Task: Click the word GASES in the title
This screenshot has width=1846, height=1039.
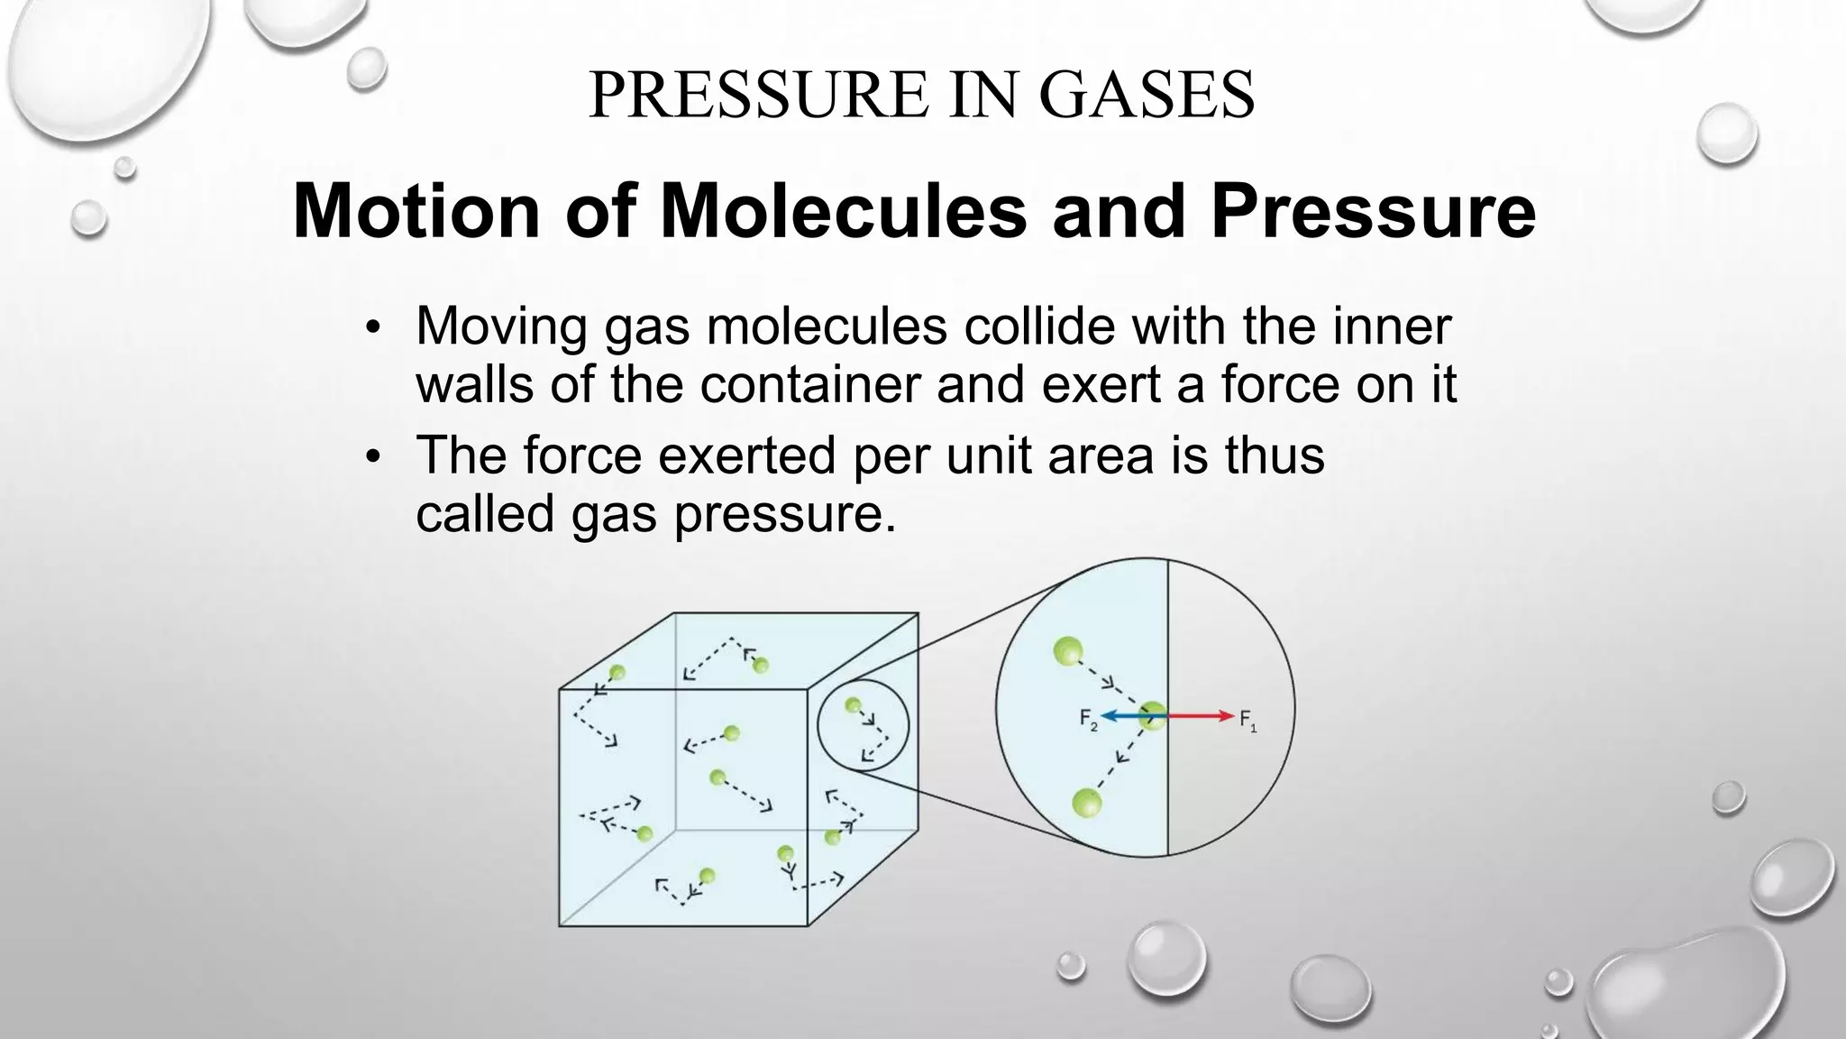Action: (x=1146, y=95)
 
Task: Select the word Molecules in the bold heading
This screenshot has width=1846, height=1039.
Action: (x=843, y=212)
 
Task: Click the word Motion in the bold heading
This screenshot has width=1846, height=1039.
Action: (x=416, y=212)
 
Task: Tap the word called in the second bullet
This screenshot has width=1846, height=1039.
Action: (x=484, y=514)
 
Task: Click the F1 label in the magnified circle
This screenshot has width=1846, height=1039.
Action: (x=1247, y=720)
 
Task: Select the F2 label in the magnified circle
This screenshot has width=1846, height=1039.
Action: (x=1089, y=720)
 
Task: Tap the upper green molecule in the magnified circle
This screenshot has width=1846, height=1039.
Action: (x=1068, y=650)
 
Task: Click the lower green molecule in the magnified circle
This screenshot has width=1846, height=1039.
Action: (x=1086, y=802)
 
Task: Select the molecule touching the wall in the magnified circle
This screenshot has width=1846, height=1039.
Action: (x=1151, y=718)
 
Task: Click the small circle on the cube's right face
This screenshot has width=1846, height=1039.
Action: (x=863, y=726)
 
